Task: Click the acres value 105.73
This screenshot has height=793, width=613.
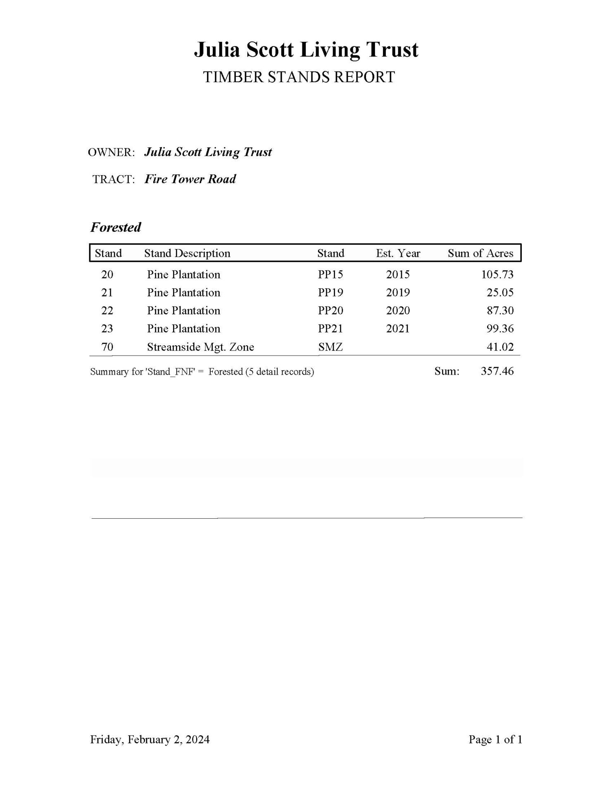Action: (x=497, y=275)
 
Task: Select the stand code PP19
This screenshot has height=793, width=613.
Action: (x=330, y=293)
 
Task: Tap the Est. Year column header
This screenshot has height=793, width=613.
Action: (x=398, y=253)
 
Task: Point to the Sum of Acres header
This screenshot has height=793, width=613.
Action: (x=480, y=253)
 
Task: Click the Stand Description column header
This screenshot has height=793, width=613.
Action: (x=187, y=253)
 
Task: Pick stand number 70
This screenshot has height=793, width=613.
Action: (x=107, y=347)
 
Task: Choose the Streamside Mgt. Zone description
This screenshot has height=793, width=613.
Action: (x=200, y=347)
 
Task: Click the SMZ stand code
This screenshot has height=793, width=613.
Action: (x=330, y=347)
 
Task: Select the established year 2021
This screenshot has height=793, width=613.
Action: (x=398, y=329)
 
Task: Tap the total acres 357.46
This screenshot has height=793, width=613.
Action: (x=497, y=371)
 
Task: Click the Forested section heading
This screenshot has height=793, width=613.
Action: (x=116, y=227)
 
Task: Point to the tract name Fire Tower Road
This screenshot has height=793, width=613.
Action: (x=190, y=179)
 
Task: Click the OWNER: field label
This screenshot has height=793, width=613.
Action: (x=112, y=152)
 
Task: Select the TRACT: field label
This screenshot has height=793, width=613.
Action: (x=114, y=179)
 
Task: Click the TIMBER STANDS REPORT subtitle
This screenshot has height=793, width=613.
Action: (x=299, y=77)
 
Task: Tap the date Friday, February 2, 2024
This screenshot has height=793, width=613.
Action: (x=150, y=739)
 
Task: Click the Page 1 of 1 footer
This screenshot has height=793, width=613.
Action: (x=495, y=739)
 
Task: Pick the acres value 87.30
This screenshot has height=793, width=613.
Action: (x=500, y=311)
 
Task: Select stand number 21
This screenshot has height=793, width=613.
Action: (x=107, y=293)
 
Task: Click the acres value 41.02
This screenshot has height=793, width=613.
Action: (x=500, y=347)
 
